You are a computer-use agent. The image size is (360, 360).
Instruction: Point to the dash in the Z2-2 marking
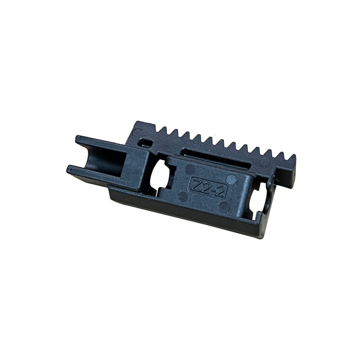tap(212, 188)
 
